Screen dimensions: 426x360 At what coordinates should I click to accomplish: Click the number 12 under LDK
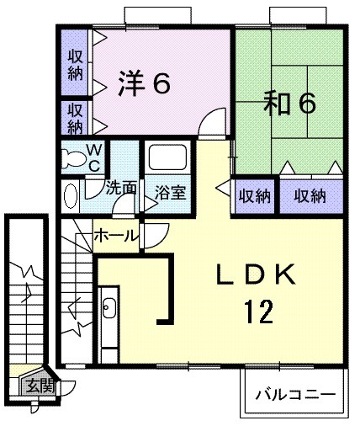259,312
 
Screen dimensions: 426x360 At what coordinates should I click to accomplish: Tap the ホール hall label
116,234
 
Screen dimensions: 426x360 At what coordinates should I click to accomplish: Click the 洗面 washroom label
120,188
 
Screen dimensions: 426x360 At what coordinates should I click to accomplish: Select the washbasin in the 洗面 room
71,195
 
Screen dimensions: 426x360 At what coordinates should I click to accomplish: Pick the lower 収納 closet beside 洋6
75,118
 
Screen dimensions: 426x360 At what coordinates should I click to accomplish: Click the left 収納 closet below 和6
254,196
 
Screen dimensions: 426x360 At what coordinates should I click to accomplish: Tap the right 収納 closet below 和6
310,196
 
